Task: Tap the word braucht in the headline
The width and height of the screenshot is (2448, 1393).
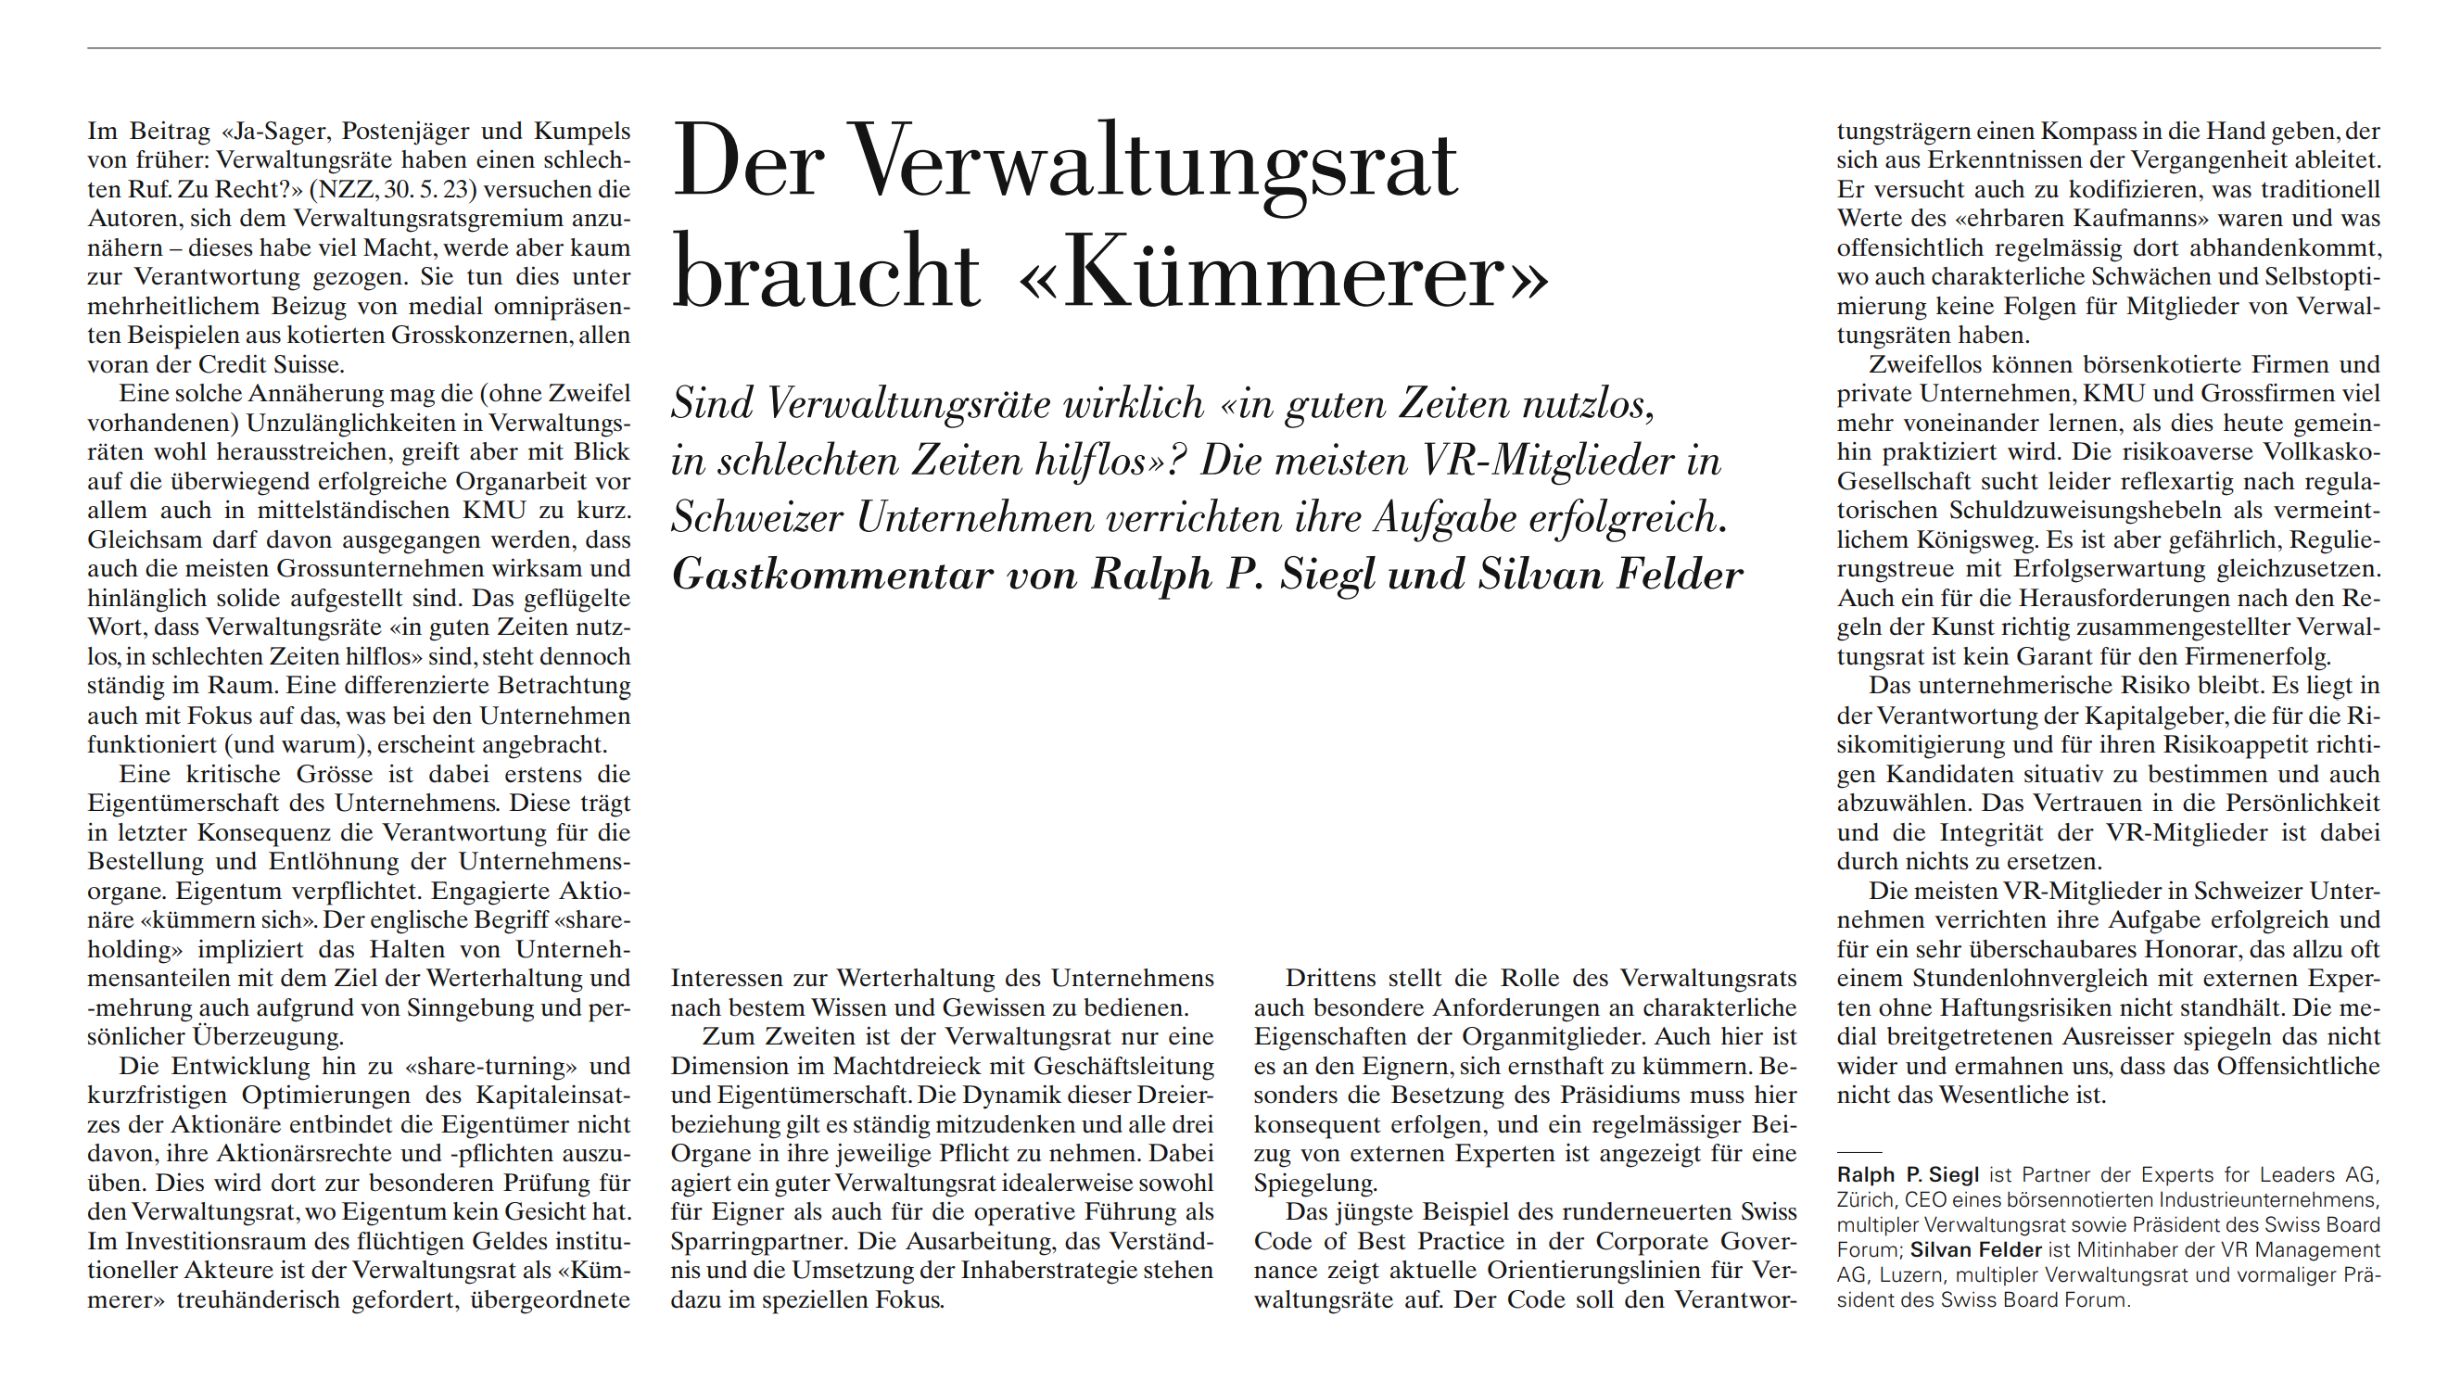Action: [x=827, y=272]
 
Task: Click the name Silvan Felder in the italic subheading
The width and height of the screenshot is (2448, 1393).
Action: [x=1611, y=574]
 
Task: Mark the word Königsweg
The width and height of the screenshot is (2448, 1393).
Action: [x=1949, y=539]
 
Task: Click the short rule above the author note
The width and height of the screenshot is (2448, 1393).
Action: [x=1858, y=1152]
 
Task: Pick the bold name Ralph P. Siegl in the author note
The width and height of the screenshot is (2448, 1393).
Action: [x=1908, y=1175]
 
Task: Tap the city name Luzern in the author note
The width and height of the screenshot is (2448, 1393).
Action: [x=1913, y=1275]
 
